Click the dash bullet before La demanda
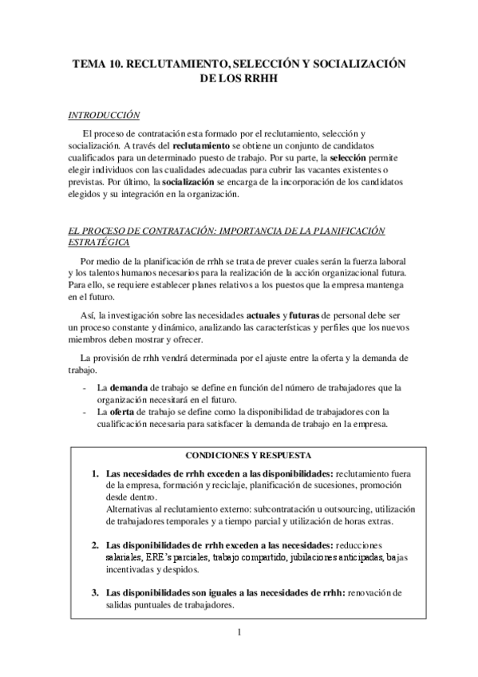[x=85, y=387]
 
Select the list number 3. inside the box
[x=95, y=592]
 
